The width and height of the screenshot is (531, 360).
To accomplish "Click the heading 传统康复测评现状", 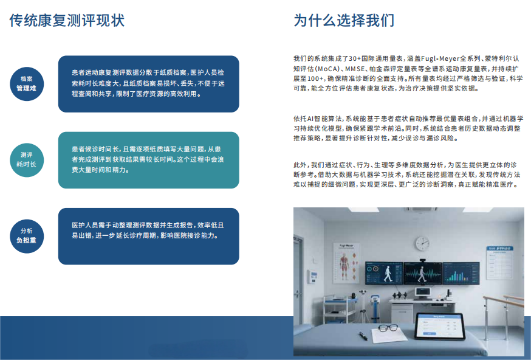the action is pyautogui.click(x=67, y=20).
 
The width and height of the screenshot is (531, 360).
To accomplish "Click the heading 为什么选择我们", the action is pyautogui.click(x=344, y=20).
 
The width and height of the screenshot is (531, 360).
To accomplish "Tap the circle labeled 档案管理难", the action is pyautogui.click(x=27, y=84).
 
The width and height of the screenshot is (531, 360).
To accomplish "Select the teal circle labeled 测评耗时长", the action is pyautogui.click(x=27, y=160).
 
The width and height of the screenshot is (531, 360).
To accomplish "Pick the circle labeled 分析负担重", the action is pyautogui.click(x=27, y=236).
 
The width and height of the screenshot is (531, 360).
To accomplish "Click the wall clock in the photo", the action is pyautogui.click(x=423, y=243).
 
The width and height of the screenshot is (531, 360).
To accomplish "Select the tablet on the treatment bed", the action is pyautogui.click(x=440, y=326).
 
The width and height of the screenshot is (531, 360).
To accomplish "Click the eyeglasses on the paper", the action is pyautogui.click(x=388, y=328).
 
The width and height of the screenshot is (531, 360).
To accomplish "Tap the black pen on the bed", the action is pyautogui.click(x=363, y=336).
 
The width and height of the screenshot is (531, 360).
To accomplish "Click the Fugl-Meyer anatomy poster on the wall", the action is pyautogui.click(x=346, y=263).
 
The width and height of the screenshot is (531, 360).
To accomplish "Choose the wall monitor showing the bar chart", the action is pyautogui.click(x=461, y=273).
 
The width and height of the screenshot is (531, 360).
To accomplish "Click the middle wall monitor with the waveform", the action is pyautogui.click(x=423, y=273).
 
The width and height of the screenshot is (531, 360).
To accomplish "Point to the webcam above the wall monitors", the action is pyautogui.click(x=422, y=260).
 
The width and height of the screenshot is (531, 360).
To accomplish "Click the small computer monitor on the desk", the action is pyautogui.click(x=423, y=292).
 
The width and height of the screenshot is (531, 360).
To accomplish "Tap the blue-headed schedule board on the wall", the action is pyautogui.click(x=499, y=263).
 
